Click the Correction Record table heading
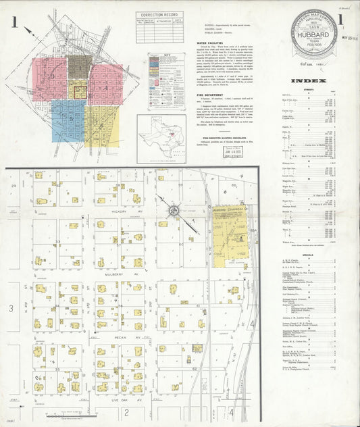coord(159,14)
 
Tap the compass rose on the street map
coord(174,210)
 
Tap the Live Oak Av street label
coord(126,400)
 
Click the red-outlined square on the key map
coord(80,92)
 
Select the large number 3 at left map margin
coord(10,309)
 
